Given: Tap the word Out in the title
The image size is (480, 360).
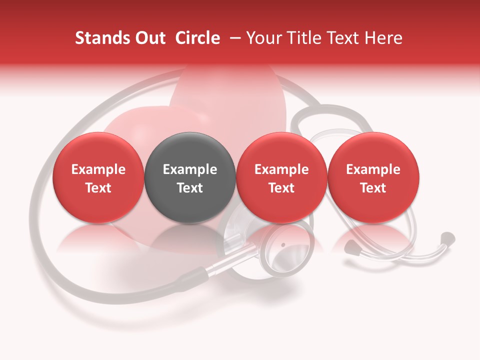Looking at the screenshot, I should tap(148, 38).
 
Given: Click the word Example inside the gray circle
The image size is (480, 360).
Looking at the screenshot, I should tap(190, 169).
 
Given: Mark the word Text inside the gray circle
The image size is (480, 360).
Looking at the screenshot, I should tap(190, 188).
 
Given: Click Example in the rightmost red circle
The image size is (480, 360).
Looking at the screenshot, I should tap(373, 169).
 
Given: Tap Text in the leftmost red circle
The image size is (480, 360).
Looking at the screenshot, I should tap(98, 188).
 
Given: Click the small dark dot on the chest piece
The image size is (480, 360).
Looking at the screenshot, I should tap(283, 245).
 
